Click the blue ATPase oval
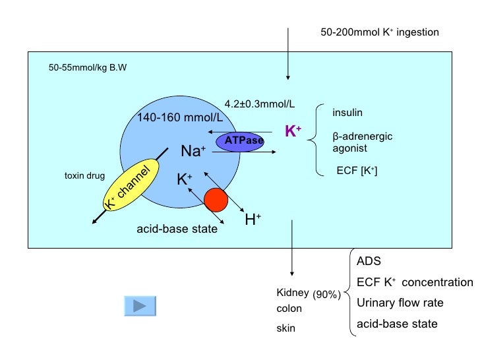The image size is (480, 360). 244,140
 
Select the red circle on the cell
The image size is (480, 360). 215,199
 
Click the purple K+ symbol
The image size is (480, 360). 293,131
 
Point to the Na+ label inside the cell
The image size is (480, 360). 193,152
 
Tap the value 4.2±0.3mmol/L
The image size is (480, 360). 260,104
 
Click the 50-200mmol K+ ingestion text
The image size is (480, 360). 379,32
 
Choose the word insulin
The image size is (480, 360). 347,112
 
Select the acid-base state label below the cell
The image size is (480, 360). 177,229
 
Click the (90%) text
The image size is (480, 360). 326,295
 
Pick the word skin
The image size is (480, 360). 286,328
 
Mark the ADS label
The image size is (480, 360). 369,261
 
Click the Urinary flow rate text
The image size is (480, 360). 400,303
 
